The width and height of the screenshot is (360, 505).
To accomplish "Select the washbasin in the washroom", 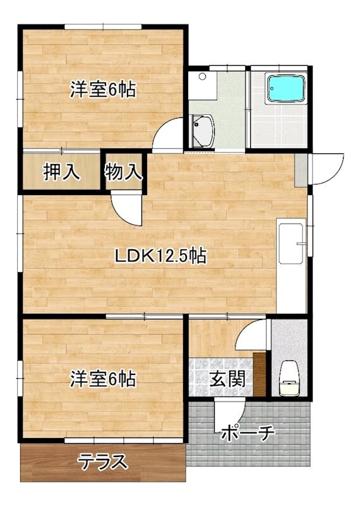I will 202,131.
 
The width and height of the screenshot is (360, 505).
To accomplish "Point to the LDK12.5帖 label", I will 160,256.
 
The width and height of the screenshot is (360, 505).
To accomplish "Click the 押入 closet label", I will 61,172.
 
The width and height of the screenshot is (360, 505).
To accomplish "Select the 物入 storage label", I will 124,172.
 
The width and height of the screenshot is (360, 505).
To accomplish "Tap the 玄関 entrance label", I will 224,380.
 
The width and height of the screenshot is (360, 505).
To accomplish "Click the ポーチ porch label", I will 248,434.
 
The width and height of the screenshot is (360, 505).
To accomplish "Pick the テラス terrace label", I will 103,463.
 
